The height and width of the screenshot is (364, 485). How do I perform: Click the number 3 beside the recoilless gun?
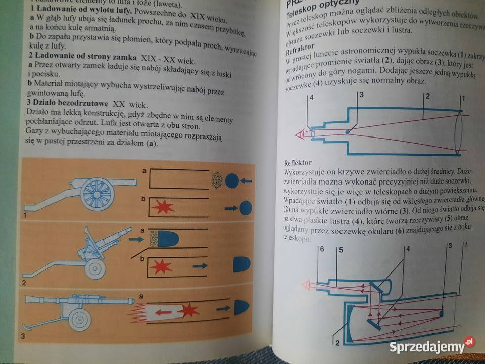pos(22,336)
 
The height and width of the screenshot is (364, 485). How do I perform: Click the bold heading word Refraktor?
pos(302,52)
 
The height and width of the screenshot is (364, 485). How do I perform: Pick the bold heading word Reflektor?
pos(298,163)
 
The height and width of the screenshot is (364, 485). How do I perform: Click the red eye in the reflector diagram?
pos(306,285)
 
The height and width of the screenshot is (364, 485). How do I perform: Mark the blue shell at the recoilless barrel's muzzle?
pos(240,306)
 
